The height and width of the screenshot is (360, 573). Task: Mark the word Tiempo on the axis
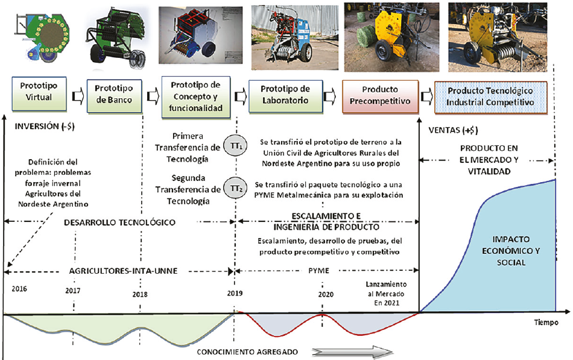pos(546,323)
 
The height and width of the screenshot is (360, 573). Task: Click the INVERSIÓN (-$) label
pos(39,127)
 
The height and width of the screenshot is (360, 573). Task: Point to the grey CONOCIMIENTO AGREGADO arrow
pos(352,351)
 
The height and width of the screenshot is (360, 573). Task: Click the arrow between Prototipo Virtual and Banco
pos(75,95)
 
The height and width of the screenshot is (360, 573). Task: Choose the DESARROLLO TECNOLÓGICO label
pos(119,223)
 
